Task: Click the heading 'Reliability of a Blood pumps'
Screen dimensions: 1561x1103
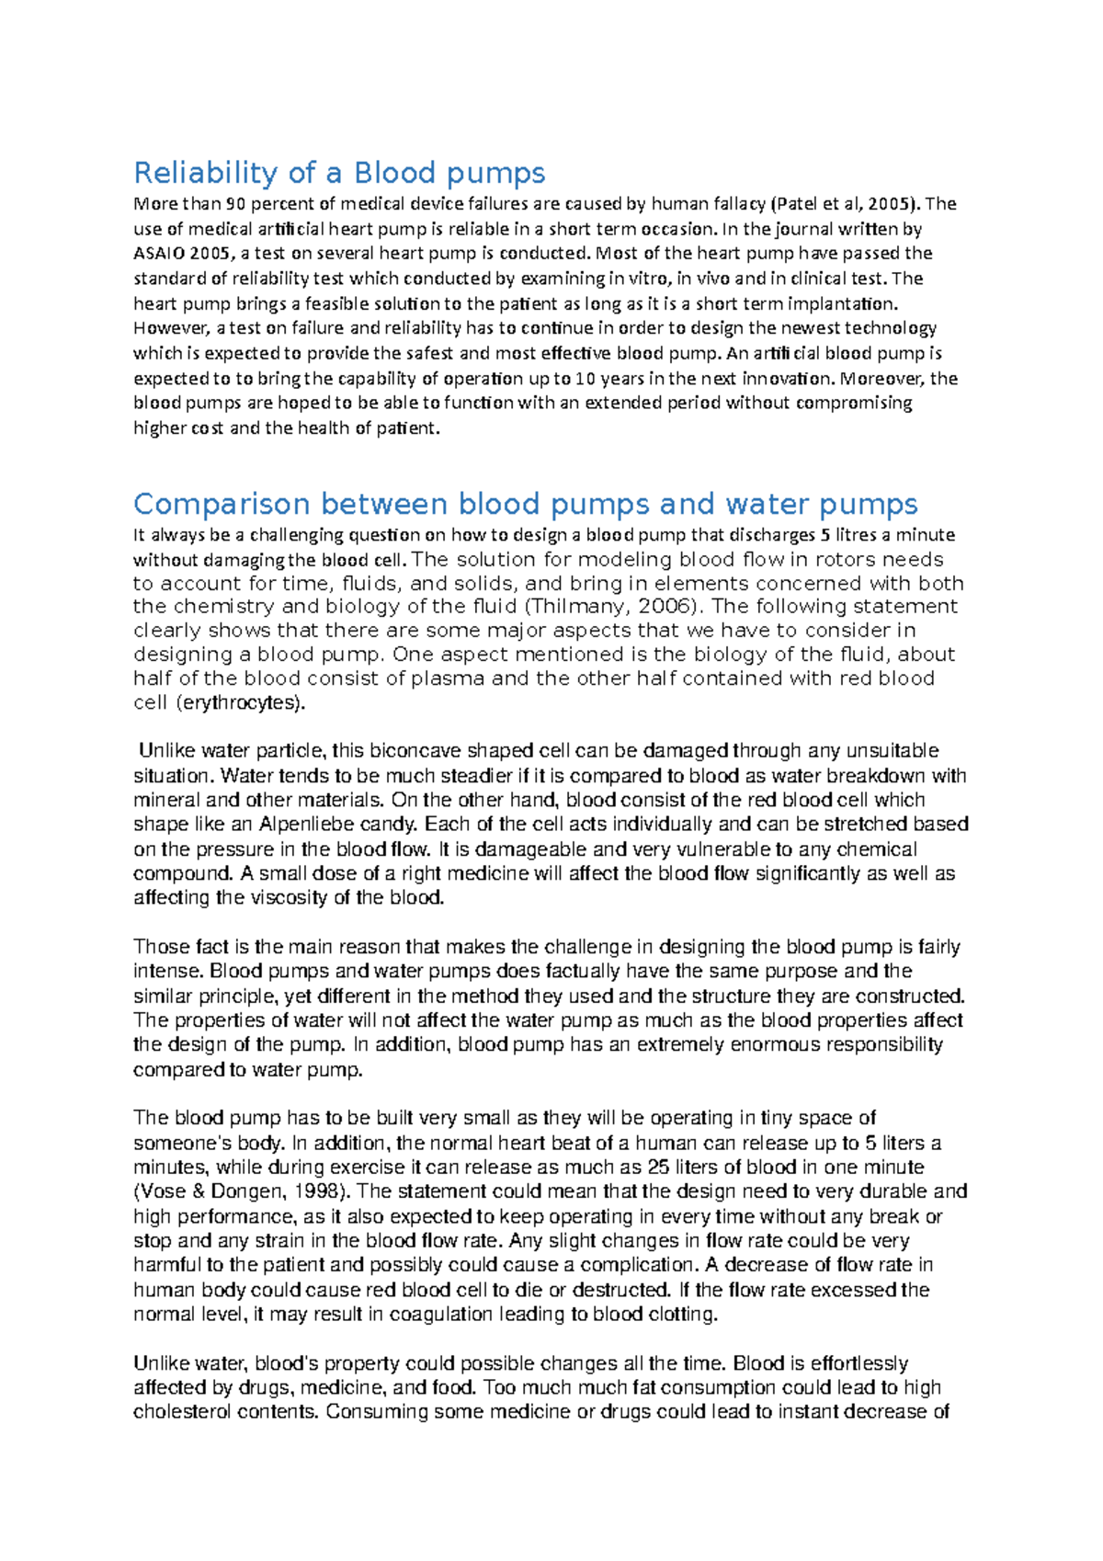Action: click(x=339, y=173)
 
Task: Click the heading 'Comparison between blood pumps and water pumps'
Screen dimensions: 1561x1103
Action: click(x=525, y=504)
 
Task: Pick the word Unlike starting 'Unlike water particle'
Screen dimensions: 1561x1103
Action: click(x=165, y=751)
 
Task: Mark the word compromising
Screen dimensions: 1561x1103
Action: click(x=854, y=404)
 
